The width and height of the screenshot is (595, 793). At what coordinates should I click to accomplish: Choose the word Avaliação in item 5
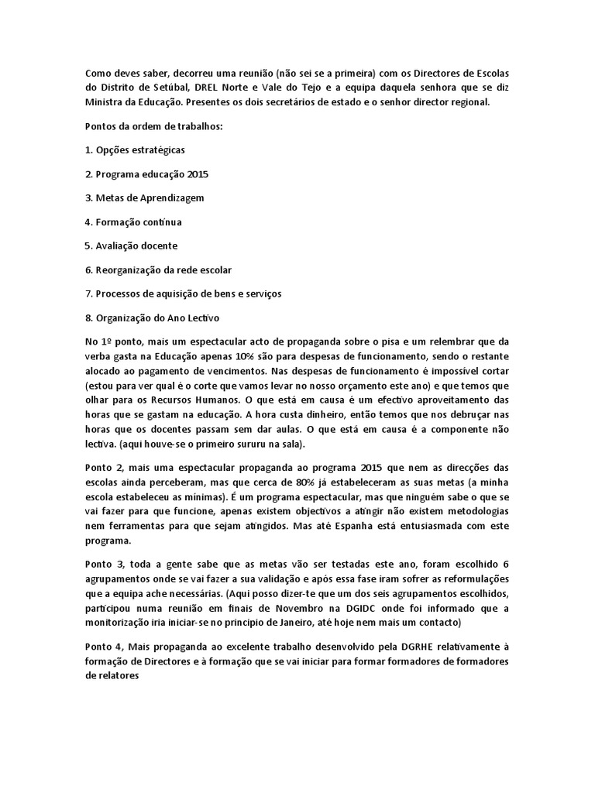[117, 245]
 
